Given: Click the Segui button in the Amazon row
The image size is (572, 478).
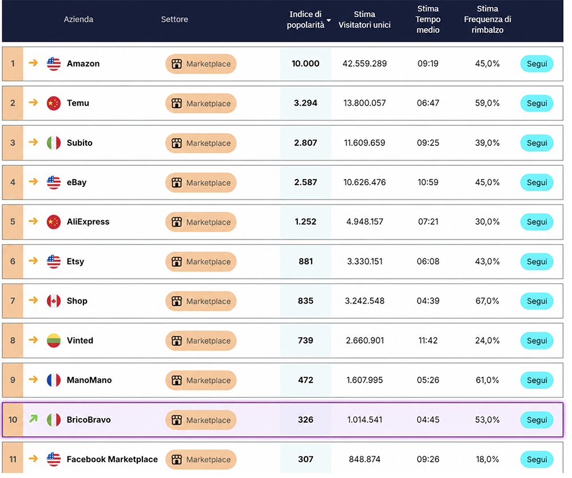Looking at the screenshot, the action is point(537,64).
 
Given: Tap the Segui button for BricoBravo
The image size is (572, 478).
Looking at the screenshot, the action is point(537,420).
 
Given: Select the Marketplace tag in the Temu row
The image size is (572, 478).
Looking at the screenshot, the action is point(201,103).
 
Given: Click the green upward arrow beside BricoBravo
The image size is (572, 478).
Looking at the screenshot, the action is point(33,419).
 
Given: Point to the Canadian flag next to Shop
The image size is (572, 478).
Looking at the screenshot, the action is point(54,301).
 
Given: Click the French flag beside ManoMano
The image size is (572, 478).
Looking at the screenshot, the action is point(54,380).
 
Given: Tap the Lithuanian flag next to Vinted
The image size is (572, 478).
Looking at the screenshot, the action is point(54,341).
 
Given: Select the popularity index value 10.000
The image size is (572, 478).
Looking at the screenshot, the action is point(305,64).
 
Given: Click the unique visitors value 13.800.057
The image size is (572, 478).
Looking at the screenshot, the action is point(364,103).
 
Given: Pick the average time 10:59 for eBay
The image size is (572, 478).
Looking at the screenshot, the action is point(428,182).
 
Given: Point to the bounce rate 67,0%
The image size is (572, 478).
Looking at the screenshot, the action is point(487,301).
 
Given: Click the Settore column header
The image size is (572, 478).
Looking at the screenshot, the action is point(174,19).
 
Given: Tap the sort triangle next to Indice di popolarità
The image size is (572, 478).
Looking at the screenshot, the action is point(329,21).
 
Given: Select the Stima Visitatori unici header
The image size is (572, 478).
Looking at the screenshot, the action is point(364,19).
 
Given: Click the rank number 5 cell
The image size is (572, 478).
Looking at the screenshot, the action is point(13,222).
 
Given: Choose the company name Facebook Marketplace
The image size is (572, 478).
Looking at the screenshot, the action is point(112,459).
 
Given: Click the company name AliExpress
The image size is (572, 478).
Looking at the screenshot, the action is point(88,222).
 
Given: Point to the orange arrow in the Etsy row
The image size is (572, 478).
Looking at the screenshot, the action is point(33,261).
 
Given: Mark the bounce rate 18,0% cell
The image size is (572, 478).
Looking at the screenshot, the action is point(487,459).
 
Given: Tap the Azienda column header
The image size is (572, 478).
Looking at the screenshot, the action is point(78,19).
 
